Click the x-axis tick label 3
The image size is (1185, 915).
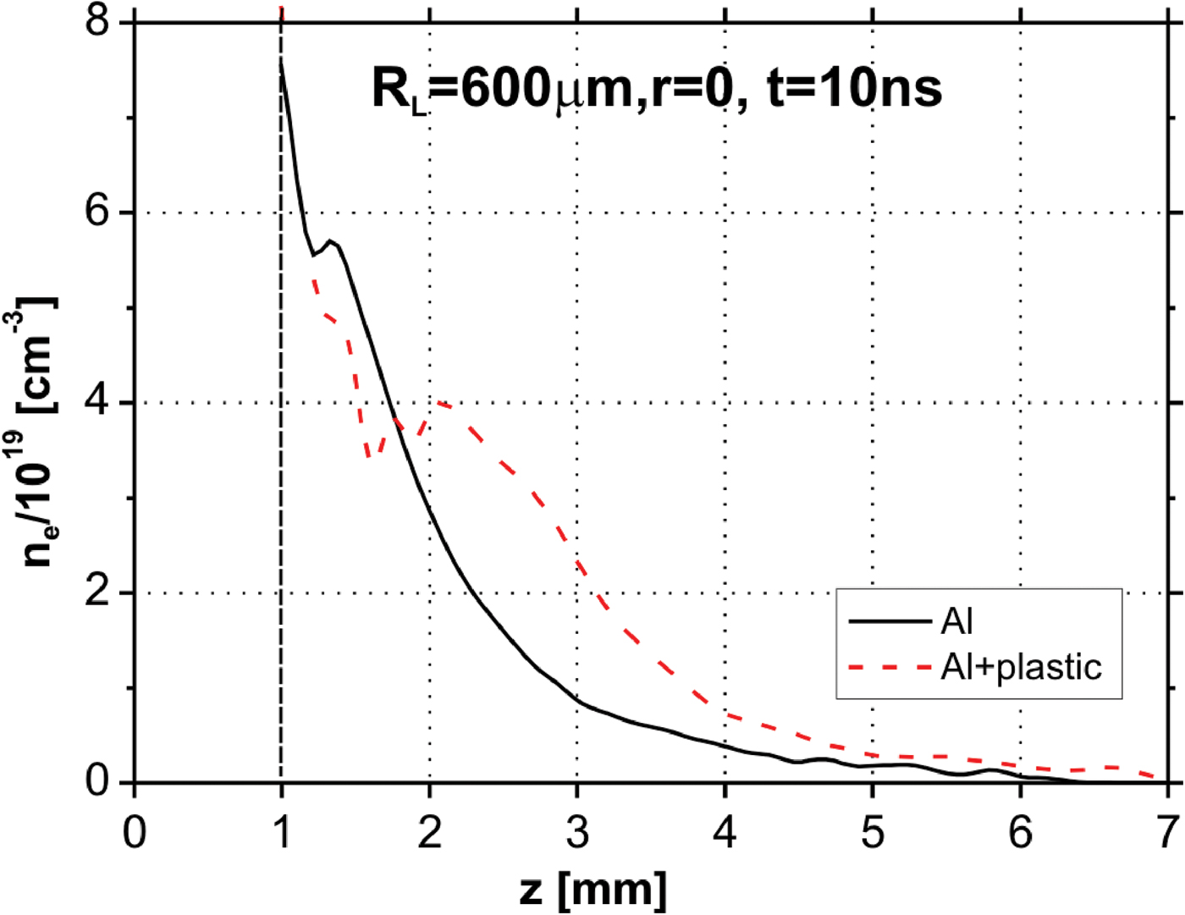(x=577, y=833)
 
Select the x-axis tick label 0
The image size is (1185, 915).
(x=134, y=833)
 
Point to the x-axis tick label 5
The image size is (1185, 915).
(x=873, y=833)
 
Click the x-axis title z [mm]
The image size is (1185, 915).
(x=592, y=890)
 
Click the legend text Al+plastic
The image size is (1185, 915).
(x=1021, y=668)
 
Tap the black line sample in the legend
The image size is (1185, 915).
(x=890, y=622)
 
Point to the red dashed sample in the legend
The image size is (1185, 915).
(x=890, y=668)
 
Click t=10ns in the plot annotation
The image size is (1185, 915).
(x=854, y=89)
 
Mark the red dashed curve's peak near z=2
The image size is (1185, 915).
(x=438, y=403)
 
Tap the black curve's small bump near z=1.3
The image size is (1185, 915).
(x=330, y=241)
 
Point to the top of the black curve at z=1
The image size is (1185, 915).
(x=281, y=61)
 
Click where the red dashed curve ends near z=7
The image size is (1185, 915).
(x=1155, y=776)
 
